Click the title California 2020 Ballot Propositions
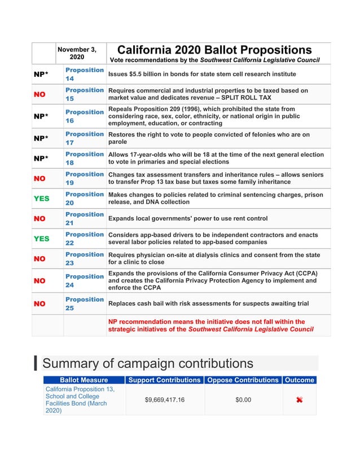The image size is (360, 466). (x=214, y=50)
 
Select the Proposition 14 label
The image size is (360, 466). (x=84, y=74)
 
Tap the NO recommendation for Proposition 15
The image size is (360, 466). (x=39, y=94)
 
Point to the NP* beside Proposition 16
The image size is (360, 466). (x=39, y=116)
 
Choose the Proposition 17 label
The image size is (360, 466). (x=84, y=138)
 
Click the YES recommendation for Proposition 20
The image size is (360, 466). (x=41, y=199)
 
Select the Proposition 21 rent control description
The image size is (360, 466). (x=188, y=218)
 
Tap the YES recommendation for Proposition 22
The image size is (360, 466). (x=41, y=239)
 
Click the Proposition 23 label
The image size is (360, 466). (x=84, y=258)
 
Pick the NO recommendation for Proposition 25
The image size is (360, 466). (x=39, y=304)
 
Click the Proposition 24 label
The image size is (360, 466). (x=84, y=280)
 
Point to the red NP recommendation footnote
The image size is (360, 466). (x=210, y=326)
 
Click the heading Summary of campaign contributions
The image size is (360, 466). (x=148, y=363)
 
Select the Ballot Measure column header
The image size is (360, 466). (x=84, y=380)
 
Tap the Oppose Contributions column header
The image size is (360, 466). (x=243, y=380)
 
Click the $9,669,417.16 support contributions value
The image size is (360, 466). (x=164, y=400)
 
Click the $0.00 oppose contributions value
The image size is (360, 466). (x=243, y=400)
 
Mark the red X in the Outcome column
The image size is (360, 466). (x=299, y=400)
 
